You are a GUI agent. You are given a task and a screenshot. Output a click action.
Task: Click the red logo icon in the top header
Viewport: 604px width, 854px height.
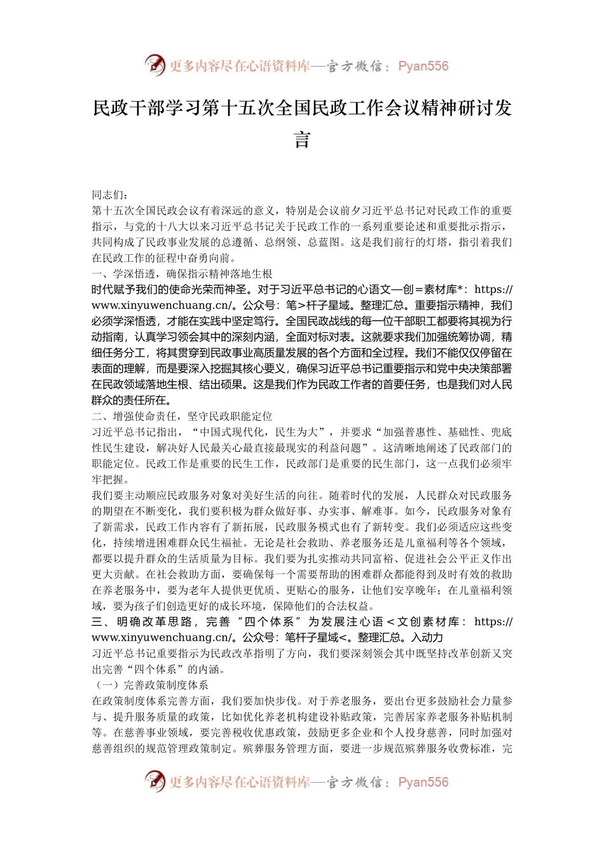coord(154,65)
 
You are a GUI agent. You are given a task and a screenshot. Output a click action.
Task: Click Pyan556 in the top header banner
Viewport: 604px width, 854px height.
coord(423,66)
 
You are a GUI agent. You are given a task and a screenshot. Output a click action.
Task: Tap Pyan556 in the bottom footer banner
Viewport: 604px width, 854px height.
coord(423,782)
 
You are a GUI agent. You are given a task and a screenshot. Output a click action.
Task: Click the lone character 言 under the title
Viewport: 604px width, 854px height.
coord(302,139)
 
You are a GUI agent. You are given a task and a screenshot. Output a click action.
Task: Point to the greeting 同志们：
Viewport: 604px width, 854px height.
coord(110,194)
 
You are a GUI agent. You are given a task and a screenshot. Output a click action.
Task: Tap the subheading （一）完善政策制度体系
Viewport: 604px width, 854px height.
coord(150,685)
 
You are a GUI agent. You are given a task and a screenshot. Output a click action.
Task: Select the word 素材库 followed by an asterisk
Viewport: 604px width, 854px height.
coord(441,290)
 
